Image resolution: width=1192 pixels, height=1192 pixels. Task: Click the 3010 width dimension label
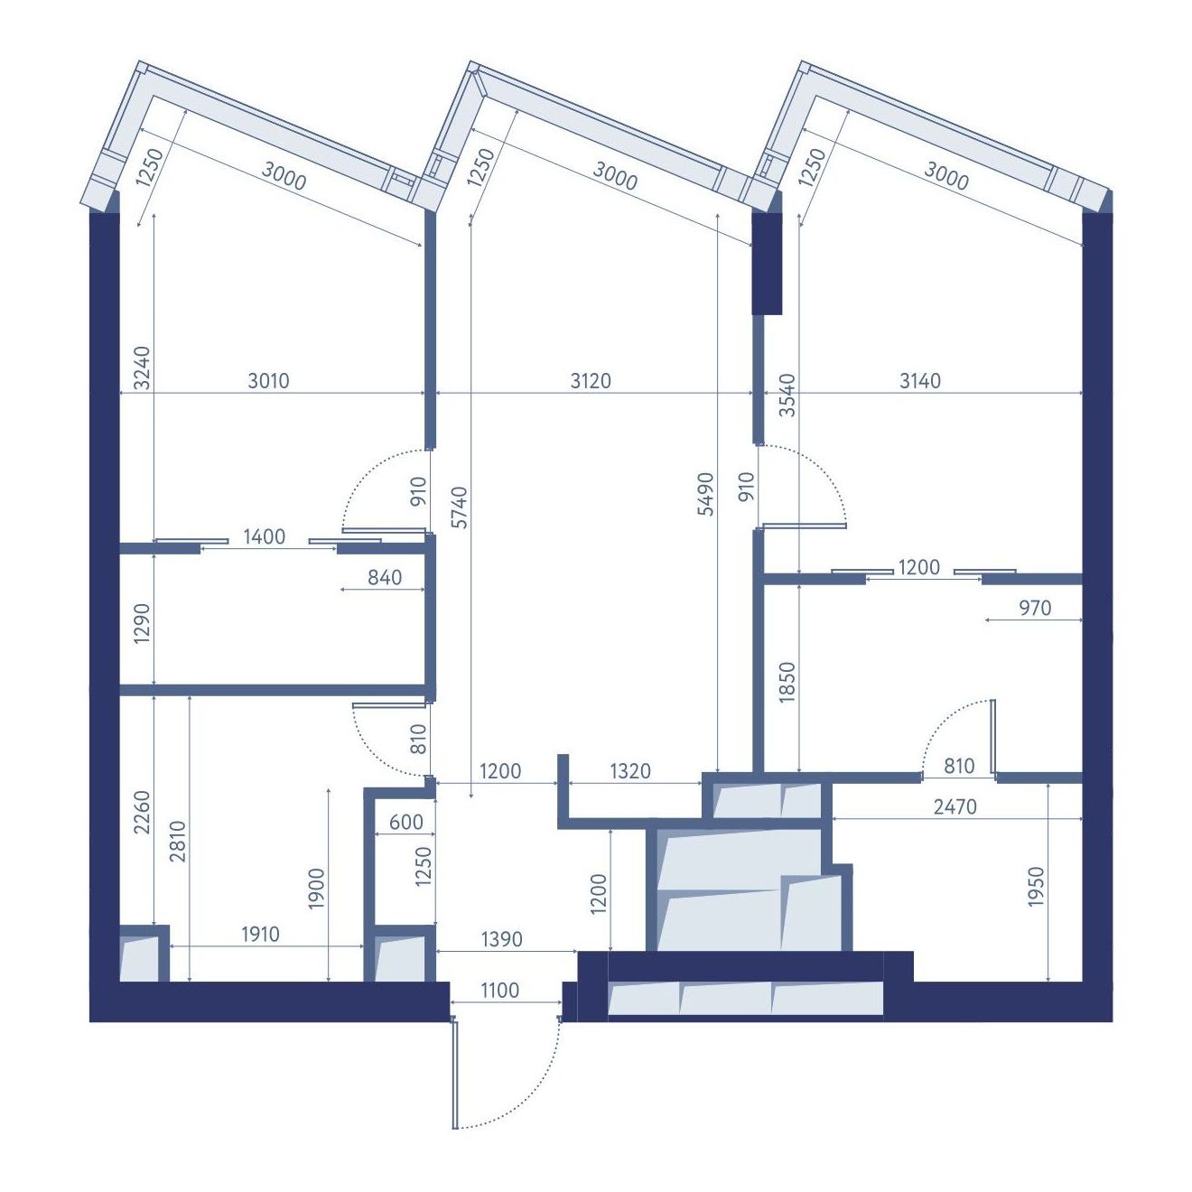(268, 380)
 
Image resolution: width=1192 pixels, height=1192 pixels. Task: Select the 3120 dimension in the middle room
(591, 380)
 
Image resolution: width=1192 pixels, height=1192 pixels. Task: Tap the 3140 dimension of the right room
(919, 380)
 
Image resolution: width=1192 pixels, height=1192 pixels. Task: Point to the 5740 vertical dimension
(460, 507)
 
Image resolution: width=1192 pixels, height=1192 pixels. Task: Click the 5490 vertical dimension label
(705, 493)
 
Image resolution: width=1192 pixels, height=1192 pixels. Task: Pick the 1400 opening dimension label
(264, 536)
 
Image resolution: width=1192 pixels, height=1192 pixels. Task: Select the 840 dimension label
(385, 577)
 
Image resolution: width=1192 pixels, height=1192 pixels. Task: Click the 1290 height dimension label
(142, 623)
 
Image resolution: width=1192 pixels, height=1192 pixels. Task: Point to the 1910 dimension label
(260, 934)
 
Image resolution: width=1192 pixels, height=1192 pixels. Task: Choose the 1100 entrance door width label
(499, 990)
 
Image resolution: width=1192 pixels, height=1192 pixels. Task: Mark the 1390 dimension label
(501, 939)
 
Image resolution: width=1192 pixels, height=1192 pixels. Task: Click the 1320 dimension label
(629, 770)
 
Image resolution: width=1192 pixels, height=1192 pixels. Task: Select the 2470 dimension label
(955, 806)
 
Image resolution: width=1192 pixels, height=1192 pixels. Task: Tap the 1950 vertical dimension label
(1036, 886)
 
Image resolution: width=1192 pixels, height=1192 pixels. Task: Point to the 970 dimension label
(1035, 608)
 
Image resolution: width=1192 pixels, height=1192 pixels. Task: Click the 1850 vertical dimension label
(787, 682)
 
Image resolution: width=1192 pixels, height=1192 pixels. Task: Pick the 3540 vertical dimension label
(787, 395)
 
